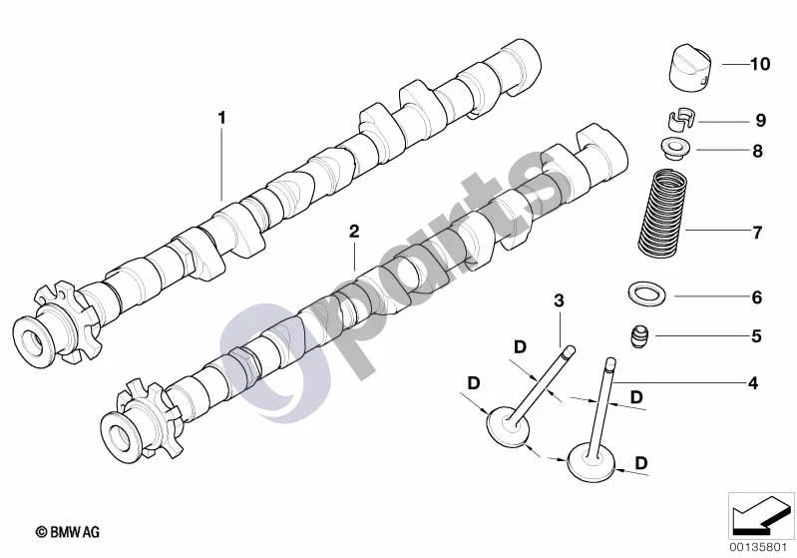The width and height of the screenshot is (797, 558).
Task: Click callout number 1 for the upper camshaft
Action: pyautogui.click(x=221, y=118)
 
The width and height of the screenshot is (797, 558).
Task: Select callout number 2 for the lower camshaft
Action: pyautogui.click(x=354, y=232)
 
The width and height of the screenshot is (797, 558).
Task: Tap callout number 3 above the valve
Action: pyautogui.click(x=560, y=300)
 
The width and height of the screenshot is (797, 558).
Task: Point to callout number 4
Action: pyautogui.click(x=753, y=383)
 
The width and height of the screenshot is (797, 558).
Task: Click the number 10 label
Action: pyautogui.click(x=760, y=64)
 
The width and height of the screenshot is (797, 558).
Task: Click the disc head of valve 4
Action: pyautogui.click(x=591, y=462)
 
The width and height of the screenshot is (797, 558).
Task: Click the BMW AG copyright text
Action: pyautogui.click(x=68, y=532)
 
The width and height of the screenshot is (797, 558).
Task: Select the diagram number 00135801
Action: pyautogui.click(x=759, y=548)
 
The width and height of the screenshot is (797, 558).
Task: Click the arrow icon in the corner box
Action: pyautogui.click(x=761, y=515)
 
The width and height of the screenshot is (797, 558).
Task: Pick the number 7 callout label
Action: pyautogui.click(x=757, y=233)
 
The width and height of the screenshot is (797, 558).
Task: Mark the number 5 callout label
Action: pyautogui.click(x=756, y=336)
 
